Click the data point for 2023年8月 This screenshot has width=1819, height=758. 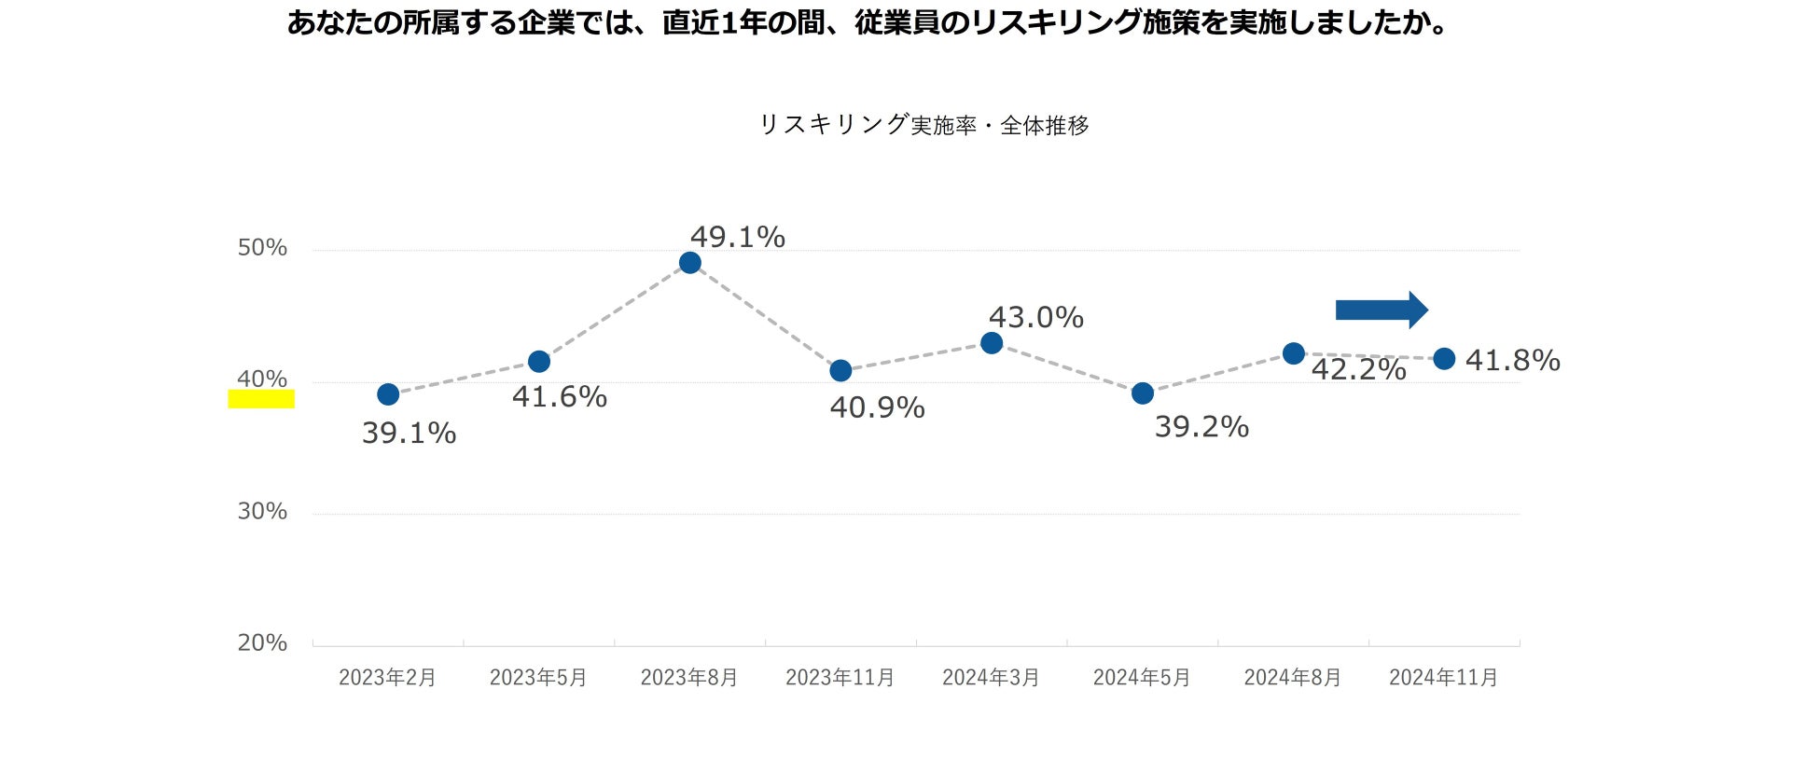click(x=690, y=263)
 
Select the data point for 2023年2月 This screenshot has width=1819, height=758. click(x=388, y=394)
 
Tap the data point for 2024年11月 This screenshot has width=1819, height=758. click(x=1444, y=359)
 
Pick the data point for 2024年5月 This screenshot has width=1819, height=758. click(x=1143, y=393)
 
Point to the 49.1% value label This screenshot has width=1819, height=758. click(x=738, y=238)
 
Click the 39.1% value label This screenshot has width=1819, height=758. click(x=410, y=434)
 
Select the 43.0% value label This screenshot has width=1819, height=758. click(x=1036, y=318)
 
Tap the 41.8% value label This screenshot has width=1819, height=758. click(x=1513, y=361)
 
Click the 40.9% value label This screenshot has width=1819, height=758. click(x=878, y=408)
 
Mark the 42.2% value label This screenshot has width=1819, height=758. click(x=1359, y=370)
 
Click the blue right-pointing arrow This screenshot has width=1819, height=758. click(x=1382, y=310)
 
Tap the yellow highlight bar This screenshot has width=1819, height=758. click(x=261, y=399)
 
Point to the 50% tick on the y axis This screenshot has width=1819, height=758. click(x=262, y=248)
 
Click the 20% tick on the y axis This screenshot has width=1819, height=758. click(x=262, y=643)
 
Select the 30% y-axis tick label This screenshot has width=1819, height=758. click(x=262, y=512)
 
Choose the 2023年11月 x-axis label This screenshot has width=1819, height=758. click(x=840, y=678)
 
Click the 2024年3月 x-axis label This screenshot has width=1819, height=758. click(x=991, y=678)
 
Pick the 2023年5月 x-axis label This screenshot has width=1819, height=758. click(x=538, y=678)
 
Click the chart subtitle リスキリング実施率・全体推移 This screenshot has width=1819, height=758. click(x=923, y=125)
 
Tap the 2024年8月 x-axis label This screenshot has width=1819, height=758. click(x=1293, y=678)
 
